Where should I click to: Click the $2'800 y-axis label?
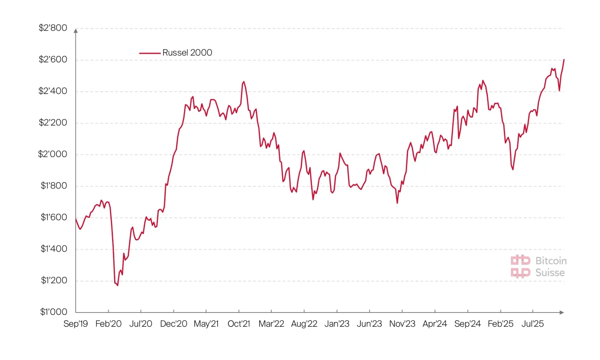[53, 28]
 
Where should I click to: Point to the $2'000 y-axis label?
[52, 154]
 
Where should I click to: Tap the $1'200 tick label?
[54, 280]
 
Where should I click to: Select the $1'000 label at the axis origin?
[53, 312]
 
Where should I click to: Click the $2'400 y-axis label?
[52, 91]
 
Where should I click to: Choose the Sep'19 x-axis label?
[75, 324]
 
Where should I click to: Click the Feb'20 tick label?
[108, 324]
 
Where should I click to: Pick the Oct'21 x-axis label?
[239, 324]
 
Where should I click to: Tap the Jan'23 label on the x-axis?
[337, 324]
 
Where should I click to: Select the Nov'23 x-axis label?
[402, 324]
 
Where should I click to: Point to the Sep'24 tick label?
[467, 324]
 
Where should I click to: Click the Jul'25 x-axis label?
[532, 324]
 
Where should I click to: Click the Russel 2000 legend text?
[187, 52]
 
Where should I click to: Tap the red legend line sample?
[150, 53]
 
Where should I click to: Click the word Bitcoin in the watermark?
[551, 261]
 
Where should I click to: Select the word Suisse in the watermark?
[550, 273]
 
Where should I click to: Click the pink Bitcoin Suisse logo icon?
[520, 267]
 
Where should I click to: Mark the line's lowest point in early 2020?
[117, 285]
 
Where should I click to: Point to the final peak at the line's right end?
[564, 60]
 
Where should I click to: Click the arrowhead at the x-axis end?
[562, 312]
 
